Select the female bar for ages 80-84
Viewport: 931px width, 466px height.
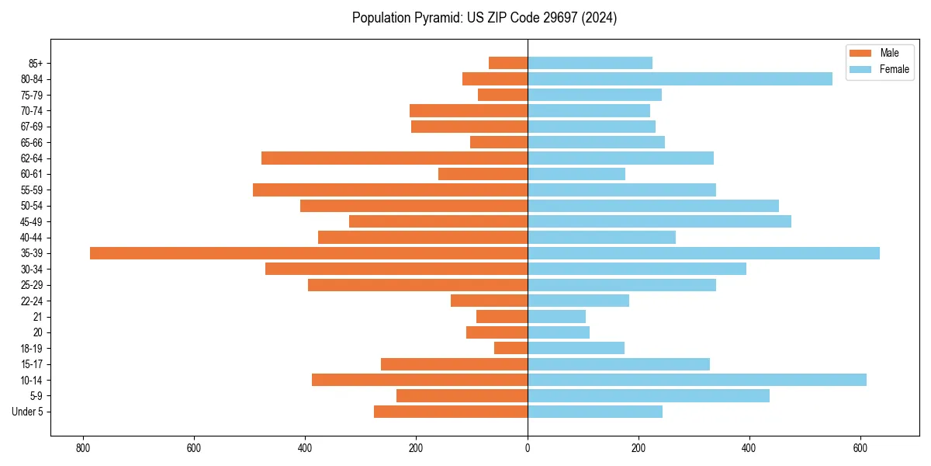pyautogui.click(x=680, y=78)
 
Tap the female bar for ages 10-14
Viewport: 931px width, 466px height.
pyautogui.click(x=697, y=380)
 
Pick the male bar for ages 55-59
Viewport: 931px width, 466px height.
pyautogui.click(x=390, y=190)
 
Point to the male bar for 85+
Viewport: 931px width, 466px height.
pyautogui.click(x=508, y=63)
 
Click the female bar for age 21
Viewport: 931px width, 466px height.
pyautogui.click(x=556, y=317)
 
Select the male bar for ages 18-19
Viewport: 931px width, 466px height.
pyautogui.click(x=510, y=348)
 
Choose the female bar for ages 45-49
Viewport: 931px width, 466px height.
pyautogui.click(x=659, y=221)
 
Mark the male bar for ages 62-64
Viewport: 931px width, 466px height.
pyautogui.click(x=394, y=158)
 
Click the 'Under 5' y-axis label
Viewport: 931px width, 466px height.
pyautogui.click(x=27, y=412)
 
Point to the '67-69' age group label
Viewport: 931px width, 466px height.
pyautogui.click(x=32, y=127)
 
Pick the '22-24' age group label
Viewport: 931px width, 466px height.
pyautogui.click(x=32, y=301)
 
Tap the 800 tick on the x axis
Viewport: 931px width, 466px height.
pyautogui.click(x=82, y=448)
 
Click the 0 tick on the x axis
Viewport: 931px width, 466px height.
pyautogui.click(x=528, y=448)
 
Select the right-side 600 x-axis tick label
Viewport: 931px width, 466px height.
pyautogui.click(x=860, y=448)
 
